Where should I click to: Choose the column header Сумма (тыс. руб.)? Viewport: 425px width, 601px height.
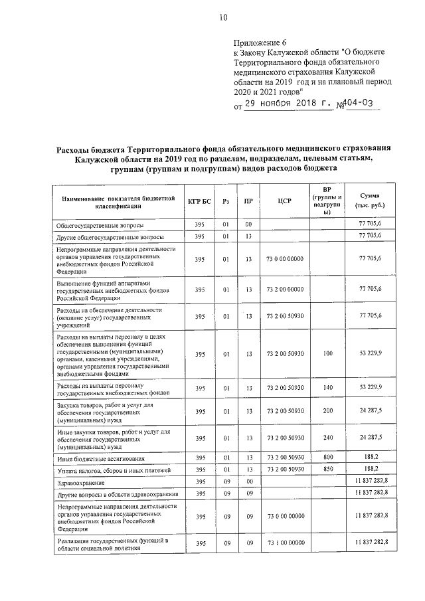pos(370,201)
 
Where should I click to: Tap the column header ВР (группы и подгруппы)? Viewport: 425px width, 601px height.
pos(327,201)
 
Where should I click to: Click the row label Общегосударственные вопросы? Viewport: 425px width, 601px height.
pos(99,226)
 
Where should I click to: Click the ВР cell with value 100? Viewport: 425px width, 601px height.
pos(327,354)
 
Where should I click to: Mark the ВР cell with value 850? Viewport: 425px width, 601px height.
pos(327,470)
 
